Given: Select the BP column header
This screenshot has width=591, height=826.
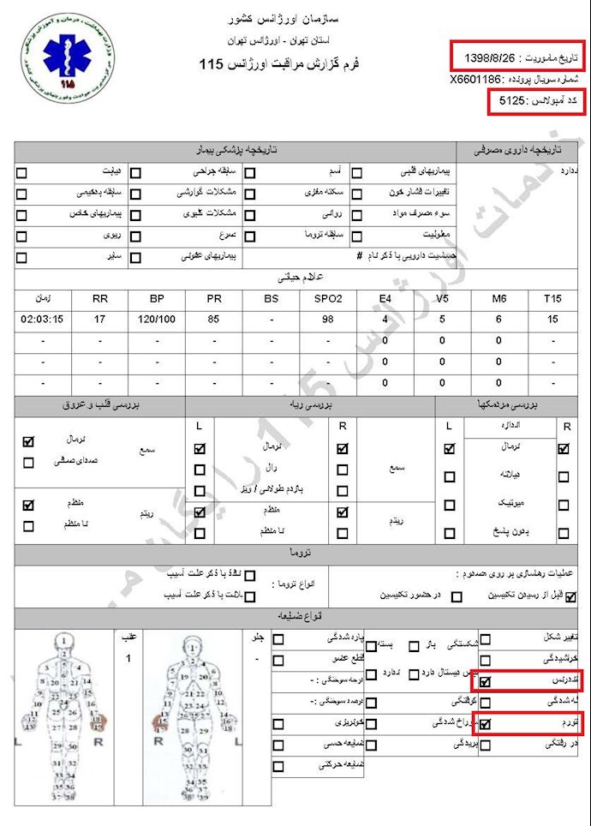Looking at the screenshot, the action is (x=157, y=298).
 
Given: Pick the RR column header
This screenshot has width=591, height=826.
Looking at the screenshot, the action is (x=100, y=298).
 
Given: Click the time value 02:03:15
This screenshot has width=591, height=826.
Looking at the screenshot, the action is (x=42, y=320).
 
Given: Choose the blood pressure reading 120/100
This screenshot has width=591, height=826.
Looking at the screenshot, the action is (x=157, y=320).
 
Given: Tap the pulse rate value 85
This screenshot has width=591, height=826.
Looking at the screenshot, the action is (x=214, y=320).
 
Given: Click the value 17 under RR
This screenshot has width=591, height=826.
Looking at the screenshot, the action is (x=100, y=320).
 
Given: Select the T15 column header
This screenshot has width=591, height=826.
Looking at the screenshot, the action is (x=552, y=298).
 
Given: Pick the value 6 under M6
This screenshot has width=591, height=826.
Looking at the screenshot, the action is (x=498, y=320).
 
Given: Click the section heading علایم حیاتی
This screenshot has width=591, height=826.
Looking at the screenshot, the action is (x=295, y=277).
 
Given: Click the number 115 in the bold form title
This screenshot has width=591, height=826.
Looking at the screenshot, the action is (x=212, y=64).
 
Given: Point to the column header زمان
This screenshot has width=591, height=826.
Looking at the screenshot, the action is (x=42, y=298).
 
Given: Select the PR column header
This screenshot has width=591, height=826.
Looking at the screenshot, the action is (x=214, y=298).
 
